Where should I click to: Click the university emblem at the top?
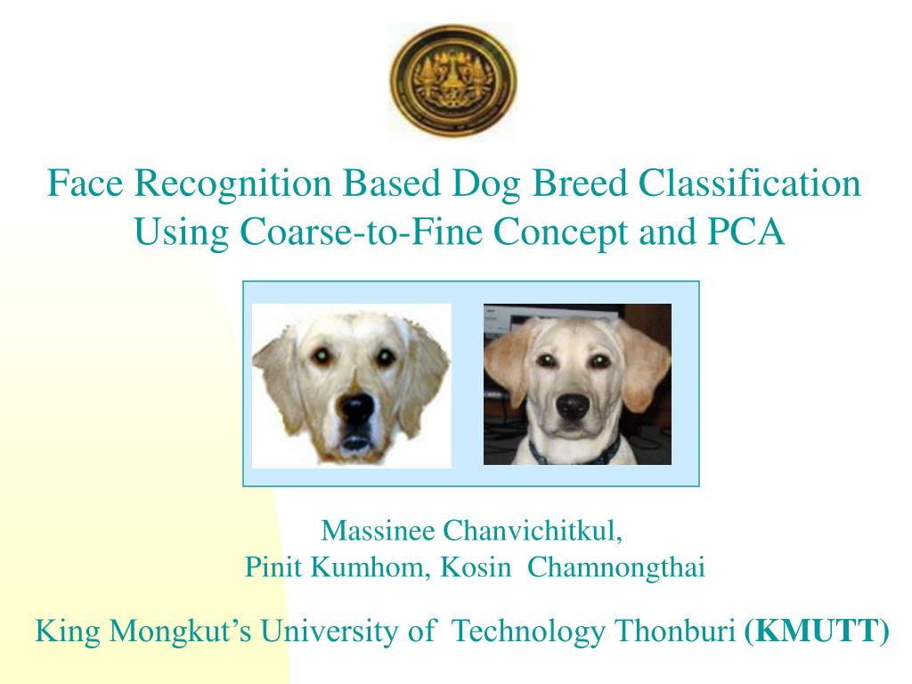click(x=453, y=80)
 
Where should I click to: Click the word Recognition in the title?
click(x=232, y=183)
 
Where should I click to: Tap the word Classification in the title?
click(x=750, y=183)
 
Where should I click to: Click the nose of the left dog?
click(x=356, y=406)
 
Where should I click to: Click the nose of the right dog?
click(x=573, y=406)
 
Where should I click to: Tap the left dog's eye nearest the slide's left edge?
click(x=321, y=354)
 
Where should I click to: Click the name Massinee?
click(x=378, y=531)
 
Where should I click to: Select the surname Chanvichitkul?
click(x=533, y=531)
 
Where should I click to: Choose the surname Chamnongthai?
click(x=616, y=567)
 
